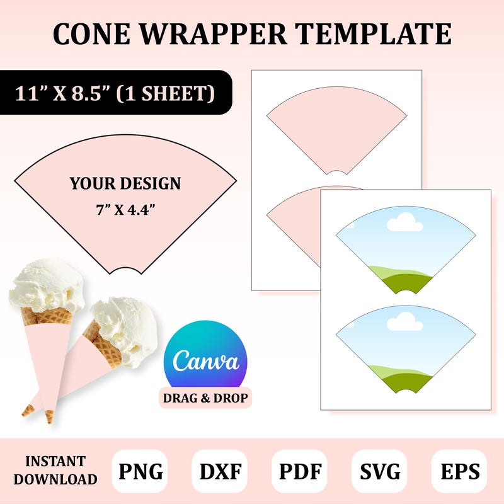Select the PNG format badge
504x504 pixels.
(139, 471)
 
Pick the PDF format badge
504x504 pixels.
(299, 471)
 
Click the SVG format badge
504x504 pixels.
(379, 471)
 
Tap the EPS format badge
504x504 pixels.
(459, 471)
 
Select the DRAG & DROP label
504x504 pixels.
(205, 398)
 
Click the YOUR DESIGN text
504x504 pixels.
(125, 184)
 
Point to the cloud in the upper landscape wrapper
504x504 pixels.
(403, 222)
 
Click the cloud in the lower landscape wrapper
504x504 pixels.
(403, 323)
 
